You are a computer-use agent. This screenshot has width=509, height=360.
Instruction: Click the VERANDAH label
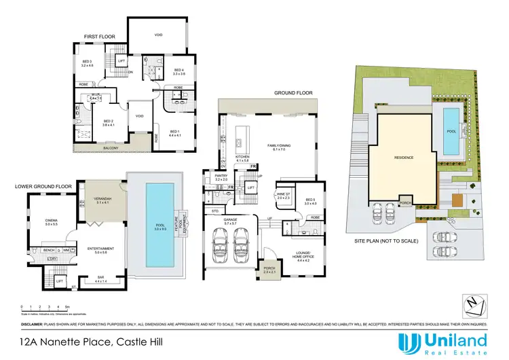[x=102, y=199]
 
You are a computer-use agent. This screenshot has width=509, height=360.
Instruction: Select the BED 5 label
[x=311, y=199]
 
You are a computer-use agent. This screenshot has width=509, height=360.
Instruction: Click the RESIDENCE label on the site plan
[x=405, y=157]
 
